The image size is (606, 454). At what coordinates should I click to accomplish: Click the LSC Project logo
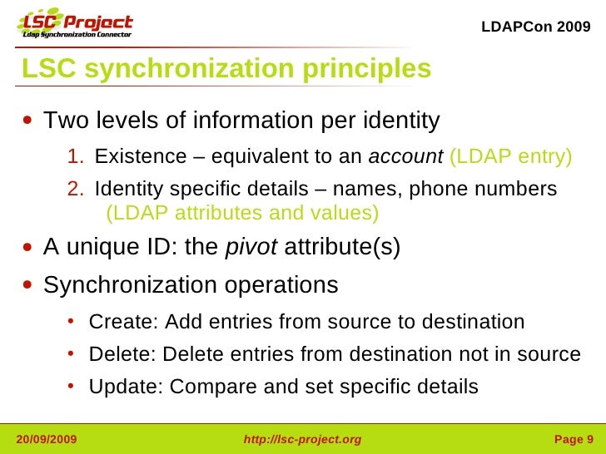pos(75,26)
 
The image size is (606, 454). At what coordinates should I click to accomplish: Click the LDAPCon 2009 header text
pos(536,27)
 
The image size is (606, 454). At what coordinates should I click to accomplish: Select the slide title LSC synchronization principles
pos(226,68)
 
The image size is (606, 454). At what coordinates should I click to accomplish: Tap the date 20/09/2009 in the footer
pos(47,439)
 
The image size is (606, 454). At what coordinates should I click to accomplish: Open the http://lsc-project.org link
pos(302,439)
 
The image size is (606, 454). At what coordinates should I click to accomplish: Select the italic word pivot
pos(252,247)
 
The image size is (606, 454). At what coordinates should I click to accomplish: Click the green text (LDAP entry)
pos(510,156)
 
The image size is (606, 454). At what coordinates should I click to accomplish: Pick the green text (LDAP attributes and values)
pos(242,213)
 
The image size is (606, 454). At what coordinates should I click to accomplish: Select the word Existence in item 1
pos(129,156)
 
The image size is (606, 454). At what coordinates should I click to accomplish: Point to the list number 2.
pos(75,190)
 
